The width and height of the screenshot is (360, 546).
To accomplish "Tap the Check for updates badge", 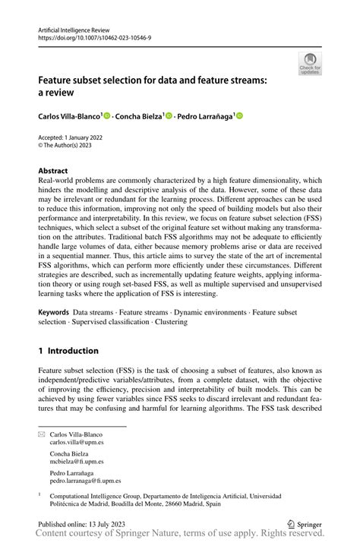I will (x=310, y=65).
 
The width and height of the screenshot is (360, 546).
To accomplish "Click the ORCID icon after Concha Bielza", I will (x=169, y=116).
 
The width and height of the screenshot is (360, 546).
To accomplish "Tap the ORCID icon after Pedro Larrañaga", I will (x=239, y=116).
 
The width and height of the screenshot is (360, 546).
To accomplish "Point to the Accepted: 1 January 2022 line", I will (x=74, y=137).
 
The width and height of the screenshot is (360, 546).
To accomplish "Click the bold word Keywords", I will (x=54, y=333).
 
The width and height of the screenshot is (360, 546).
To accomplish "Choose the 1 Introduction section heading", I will (x=68, y=351).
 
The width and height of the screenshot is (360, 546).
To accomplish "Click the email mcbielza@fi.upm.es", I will (x=77, y=461).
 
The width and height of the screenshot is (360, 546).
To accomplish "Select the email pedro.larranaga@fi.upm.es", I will (x=85, y=481).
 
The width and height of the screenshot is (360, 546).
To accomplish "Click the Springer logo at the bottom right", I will (x=304, y=523).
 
